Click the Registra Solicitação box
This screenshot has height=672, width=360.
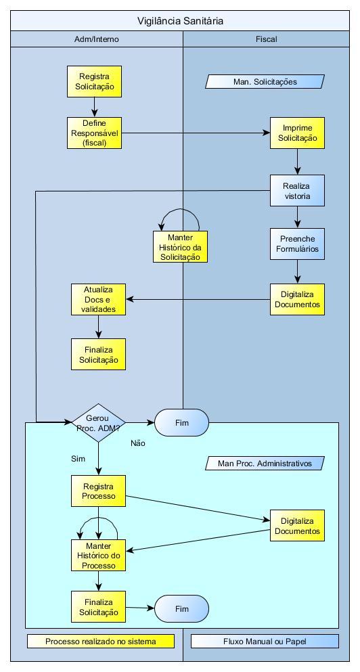click(94, 81)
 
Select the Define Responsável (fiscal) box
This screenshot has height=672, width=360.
click(94, 133)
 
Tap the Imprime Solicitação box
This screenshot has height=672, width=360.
click(297, 133)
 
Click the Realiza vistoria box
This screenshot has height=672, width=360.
click(297, 191)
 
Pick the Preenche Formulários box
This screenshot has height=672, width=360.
click(297, 244)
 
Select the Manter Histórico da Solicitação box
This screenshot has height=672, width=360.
click(181, 247)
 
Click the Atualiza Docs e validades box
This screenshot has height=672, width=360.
click(99, 299)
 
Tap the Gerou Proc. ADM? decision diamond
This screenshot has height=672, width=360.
click(98, 422)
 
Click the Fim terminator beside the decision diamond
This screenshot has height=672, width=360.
click(181, 422)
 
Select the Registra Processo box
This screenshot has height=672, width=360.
click(99, 491)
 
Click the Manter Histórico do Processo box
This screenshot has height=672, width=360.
click(99, 556)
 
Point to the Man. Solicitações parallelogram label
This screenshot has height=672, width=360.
click(265, 81)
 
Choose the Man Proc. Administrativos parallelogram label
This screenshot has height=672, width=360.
click(265, 463)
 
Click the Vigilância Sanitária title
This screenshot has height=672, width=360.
click(180, 20)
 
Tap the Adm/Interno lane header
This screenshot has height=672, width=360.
click(97, 39)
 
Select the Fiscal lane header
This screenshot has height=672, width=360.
click(266, 39)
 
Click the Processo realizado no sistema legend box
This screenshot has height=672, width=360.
click(101, 641)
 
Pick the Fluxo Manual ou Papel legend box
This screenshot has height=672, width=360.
click(265, 641)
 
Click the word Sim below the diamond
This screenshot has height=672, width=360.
click(78, 459)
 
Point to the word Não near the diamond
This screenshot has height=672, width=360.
click(138, 443)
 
